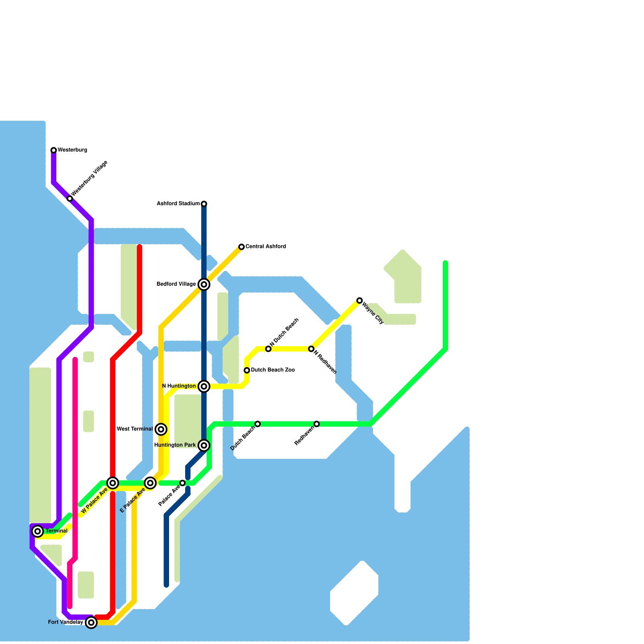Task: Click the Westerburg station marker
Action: tap(54, 150)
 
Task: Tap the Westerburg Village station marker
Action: tap(70, 198)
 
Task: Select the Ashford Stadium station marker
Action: tap(204, 204)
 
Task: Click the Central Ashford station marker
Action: tap(242, 247)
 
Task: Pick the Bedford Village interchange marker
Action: tap(204, 285)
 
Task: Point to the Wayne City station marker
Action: tap(359, 300)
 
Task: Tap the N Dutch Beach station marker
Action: tap(268, 349)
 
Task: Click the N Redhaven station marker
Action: tap(311, 349)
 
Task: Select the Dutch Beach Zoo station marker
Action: tap(247, 370)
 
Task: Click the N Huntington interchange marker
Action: tap(204, 386)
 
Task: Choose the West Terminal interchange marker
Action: tap(161, 429)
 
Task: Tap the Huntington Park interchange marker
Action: tap(204, 445)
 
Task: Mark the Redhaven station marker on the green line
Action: tap(317, 424)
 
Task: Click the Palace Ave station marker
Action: tap(182, 483)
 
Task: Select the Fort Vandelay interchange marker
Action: tap(91, 623)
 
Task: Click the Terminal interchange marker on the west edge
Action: tap(37, 531)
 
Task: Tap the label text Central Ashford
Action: tap(266, 246)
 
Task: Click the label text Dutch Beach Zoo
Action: tap(273, 370)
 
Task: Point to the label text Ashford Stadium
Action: tap(178, 204)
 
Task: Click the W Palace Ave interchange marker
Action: tap(113, 483)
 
